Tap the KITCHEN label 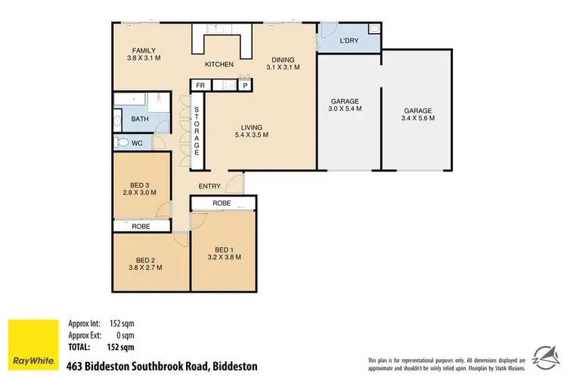[218, 64]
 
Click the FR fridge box [200, 85]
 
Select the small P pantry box [246, 86]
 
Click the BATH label [140, 119]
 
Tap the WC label [137, 142]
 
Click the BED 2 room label [141, 262]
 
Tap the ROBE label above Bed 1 [222, 203]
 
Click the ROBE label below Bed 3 [141, 225]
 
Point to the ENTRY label [209, 186]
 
